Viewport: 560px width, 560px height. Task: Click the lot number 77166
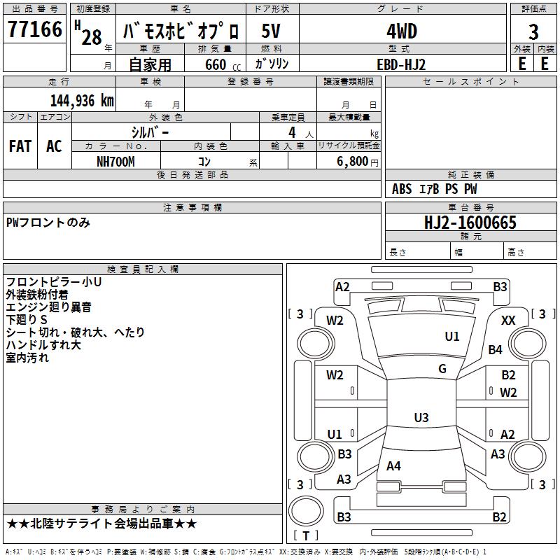pyautogui.click(x=34, y=31)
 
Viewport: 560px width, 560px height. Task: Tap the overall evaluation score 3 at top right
pyautogui.click(x=533, y=31)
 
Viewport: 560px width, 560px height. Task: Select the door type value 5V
pyautogui.click(x=272, y=31)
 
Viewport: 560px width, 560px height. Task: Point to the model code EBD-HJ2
pyautogui.click(x=401, y=64)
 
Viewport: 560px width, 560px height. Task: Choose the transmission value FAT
pyautogui.click(x=20, y=146)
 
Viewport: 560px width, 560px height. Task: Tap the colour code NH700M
pyautogui.click(x=115, y=162)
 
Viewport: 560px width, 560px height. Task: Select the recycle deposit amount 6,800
pyautogui.click(x=353, y=162)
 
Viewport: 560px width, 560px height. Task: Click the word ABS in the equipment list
pyautogui.click(x=402, y=189)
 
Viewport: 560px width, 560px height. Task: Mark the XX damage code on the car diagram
pyautogui.click(x=509, y=320)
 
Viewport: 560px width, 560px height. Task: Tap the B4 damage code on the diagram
pyautogui.click(x=496, y=349)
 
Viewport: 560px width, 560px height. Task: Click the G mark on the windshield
pyautogui.click(x=442, y=369)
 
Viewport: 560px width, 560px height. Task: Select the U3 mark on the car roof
pyautogui.click(x=421, y=418)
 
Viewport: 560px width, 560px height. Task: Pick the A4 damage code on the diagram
pyautogui.click(x=393, y=465)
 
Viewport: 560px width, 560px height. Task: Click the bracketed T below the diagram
pyautogui.click(x=306, y=535)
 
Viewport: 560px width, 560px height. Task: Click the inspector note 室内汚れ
pyautogui.click(x=27, y=358)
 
